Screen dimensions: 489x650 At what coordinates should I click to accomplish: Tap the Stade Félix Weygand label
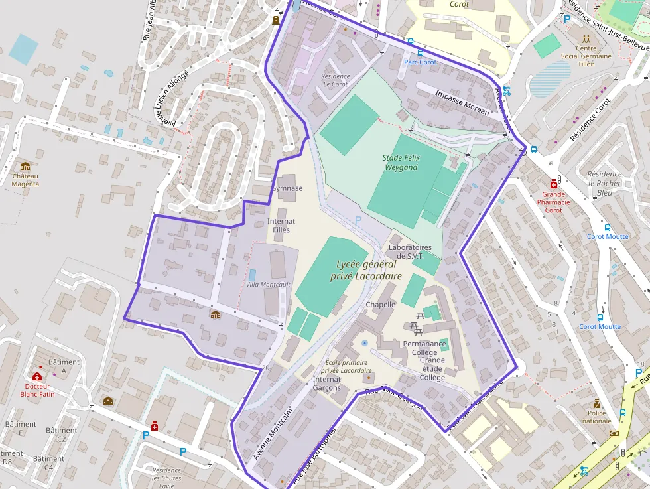401,163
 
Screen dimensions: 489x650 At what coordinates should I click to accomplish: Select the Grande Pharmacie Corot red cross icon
553,184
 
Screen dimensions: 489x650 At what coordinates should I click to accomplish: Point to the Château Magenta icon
25,166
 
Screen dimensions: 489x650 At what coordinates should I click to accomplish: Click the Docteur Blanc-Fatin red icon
37,376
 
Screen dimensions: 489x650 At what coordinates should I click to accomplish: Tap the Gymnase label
287,188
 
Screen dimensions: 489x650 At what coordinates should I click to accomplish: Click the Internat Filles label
281,226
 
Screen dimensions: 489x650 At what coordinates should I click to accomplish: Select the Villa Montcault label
268,284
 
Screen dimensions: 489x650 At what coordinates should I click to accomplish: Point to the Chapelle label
380,305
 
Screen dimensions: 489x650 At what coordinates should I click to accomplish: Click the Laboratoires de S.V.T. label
409,251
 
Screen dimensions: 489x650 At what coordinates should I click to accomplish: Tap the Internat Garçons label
326,384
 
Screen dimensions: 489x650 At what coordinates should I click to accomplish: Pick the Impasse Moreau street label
462,103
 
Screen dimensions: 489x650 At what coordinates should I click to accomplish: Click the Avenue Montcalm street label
272,434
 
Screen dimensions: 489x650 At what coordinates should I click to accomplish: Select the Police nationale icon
597,403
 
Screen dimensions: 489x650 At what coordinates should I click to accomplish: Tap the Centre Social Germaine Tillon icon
586,39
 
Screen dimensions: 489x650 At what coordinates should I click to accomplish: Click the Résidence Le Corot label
335,80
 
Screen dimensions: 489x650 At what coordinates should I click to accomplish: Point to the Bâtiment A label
64,366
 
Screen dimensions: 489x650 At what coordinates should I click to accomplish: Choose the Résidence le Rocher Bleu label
604,183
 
